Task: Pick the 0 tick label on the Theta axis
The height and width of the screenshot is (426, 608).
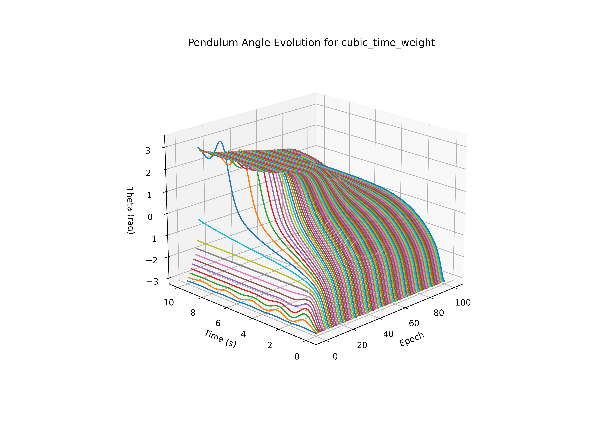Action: (x=150, y=217)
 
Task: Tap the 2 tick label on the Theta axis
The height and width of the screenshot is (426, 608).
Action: (x=148, y=173)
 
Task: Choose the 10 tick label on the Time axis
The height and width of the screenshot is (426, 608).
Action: (x=169, y=302)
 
